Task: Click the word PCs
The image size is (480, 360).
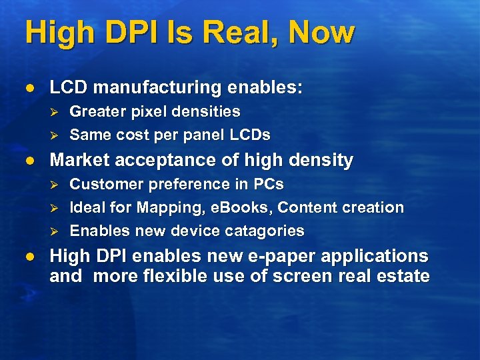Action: click(270, 184)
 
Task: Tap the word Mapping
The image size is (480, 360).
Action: click(172, 207)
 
